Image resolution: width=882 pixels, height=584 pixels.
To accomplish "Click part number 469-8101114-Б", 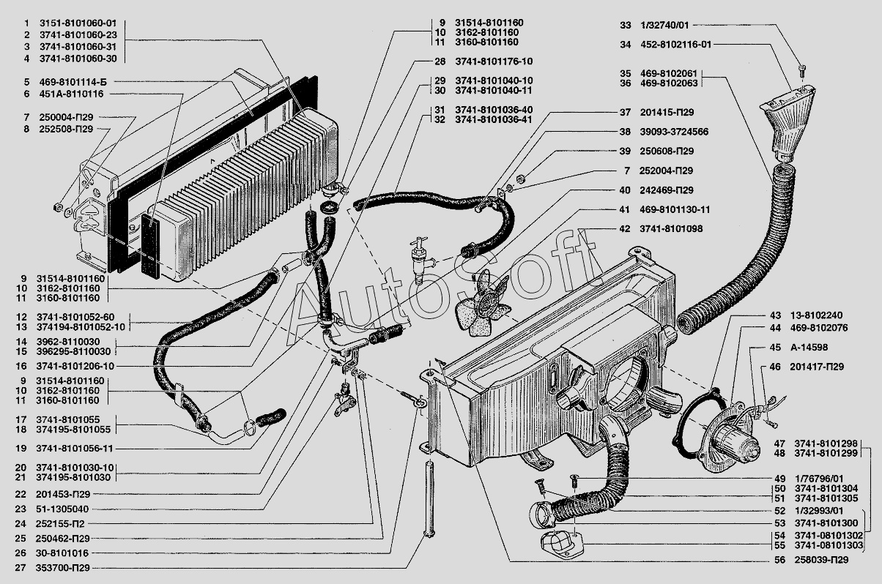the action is tap(73, 82).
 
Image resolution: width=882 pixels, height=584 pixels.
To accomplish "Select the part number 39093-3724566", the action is tap(674, 132).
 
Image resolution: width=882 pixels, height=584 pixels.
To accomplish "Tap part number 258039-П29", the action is tap(821, 560).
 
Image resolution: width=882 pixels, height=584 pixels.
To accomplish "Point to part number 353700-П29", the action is tap(63, 568).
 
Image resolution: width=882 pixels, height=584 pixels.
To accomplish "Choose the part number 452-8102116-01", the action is tap(675, 45).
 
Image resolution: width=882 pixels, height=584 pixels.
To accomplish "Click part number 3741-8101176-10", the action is tap(494, 61).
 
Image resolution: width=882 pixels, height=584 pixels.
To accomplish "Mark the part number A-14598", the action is tap(809, 348).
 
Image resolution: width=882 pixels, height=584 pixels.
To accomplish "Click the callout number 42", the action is tap(625, 228).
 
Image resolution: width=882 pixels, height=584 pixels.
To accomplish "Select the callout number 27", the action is tap(20, 568).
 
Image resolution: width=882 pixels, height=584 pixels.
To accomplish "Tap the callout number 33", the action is tap(626, 25).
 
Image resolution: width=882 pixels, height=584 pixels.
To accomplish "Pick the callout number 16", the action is tap(21, 366).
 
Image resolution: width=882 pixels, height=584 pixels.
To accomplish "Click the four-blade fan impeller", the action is tap(483, 303).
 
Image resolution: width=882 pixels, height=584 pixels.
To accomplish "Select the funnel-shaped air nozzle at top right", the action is tap(787, 123).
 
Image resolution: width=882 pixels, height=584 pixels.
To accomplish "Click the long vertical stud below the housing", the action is tap(430, 504).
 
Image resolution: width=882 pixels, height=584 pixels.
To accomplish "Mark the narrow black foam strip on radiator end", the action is tap(150, 246).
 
